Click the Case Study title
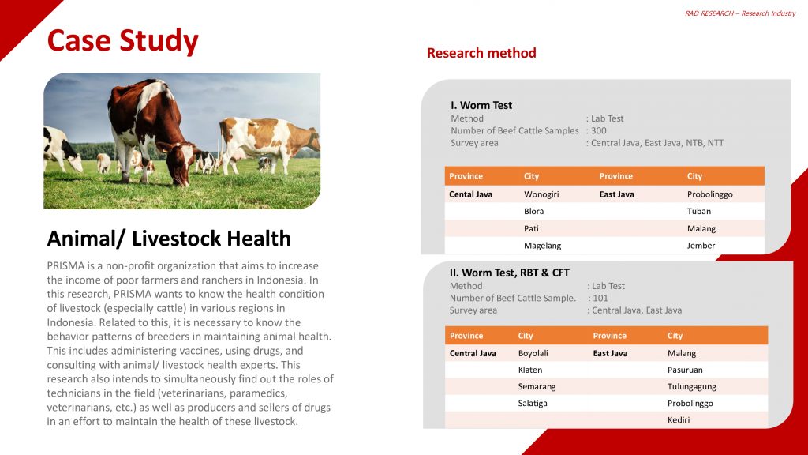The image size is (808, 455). point(122,40)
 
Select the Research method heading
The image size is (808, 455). point(481,53)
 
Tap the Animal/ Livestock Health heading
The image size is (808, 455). point(169,239)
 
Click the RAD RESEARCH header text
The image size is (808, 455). point(740,13)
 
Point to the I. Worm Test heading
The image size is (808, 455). point(481,105)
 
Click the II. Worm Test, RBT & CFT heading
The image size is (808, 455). point(509,273)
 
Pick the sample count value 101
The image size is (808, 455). point(600,299)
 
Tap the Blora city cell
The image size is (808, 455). point(533,212)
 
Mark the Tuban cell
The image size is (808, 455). point(699,212)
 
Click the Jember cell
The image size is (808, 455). point(701,246)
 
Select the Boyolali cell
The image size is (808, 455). point(533,353)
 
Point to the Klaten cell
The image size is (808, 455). point(529,370)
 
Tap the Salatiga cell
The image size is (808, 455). point(533,404)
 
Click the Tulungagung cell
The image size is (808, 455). point(691,387)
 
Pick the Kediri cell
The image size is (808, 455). point(678,420)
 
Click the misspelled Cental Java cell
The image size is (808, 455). point(470,194)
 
